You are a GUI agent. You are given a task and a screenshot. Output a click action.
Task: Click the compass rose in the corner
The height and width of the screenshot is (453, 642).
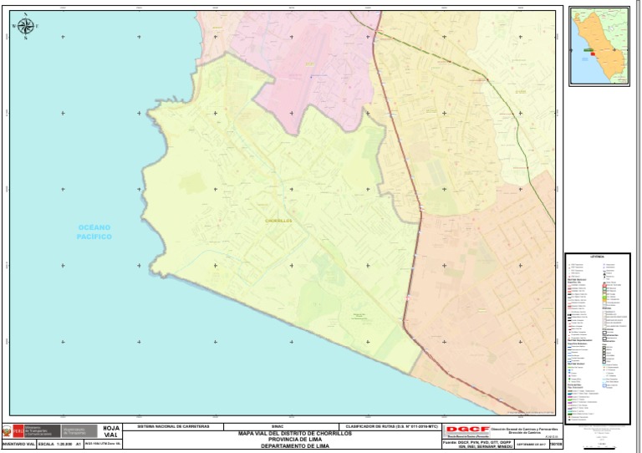click(25, 26)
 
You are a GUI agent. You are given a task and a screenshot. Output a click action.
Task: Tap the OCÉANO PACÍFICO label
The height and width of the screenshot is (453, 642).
click(94, 232)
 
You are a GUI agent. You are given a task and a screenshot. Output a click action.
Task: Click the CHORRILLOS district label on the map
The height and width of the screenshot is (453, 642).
click(278, 221)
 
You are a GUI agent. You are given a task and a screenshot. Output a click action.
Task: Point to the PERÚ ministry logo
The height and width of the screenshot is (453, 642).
click(17, 431)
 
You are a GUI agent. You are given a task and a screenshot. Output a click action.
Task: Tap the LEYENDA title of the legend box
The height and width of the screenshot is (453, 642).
click(597, 257)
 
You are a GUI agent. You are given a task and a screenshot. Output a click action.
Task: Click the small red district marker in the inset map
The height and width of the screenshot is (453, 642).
click(592, 50)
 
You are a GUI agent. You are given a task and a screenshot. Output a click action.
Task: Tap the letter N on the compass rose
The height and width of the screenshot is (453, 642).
click(25, 14)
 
